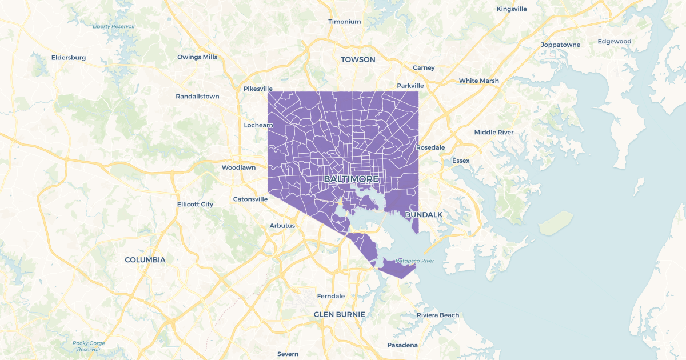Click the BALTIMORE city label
[x=352, y=179]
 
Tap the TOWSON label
[x=358, y=59]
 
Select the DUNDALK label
[x=424, y=214]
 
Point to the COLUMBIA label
[x=145, y=259]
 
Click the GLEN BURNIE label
[x=339, y=314]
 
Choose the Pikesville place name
[x=258, y=89]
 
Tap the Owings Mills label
[x=197, y=57]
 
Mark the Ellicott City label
[x=195, y=204]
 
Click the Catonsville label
[x=250, y=199]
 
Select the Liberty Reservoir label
[x=114, y=26]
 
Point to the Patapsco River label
[x=415, y=261]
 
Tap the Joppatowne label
[x=561, y=45]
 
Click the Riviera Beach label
[x=438, y=315]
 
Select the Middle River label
[x=494, y=132]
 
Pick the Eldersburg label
[x=69, y=57]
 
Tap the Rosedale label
[x=430, y=147]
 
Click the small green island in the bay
[x=556, y=223]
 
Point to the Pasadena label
[x=402, y=345]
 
